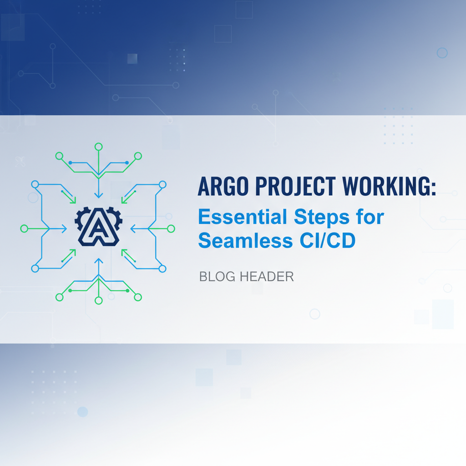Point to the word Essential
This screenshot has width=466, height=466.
243,218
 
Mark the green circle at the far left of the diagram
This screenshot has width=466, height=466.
25,228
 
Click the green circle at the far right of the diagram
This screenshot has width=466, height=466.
171,228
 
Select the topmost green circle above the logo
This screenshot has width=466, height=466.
98,147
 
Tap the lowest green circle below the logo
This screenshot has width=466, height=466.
98,300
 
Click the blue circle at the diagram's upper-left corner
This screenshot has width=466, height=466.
35,184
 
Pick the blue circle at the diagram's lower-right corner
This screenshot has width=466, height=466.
162,268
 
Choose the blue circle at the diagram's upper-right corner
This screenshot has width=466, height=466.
162,185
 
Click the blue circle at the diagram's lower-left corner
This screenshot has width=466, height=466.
35,268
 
